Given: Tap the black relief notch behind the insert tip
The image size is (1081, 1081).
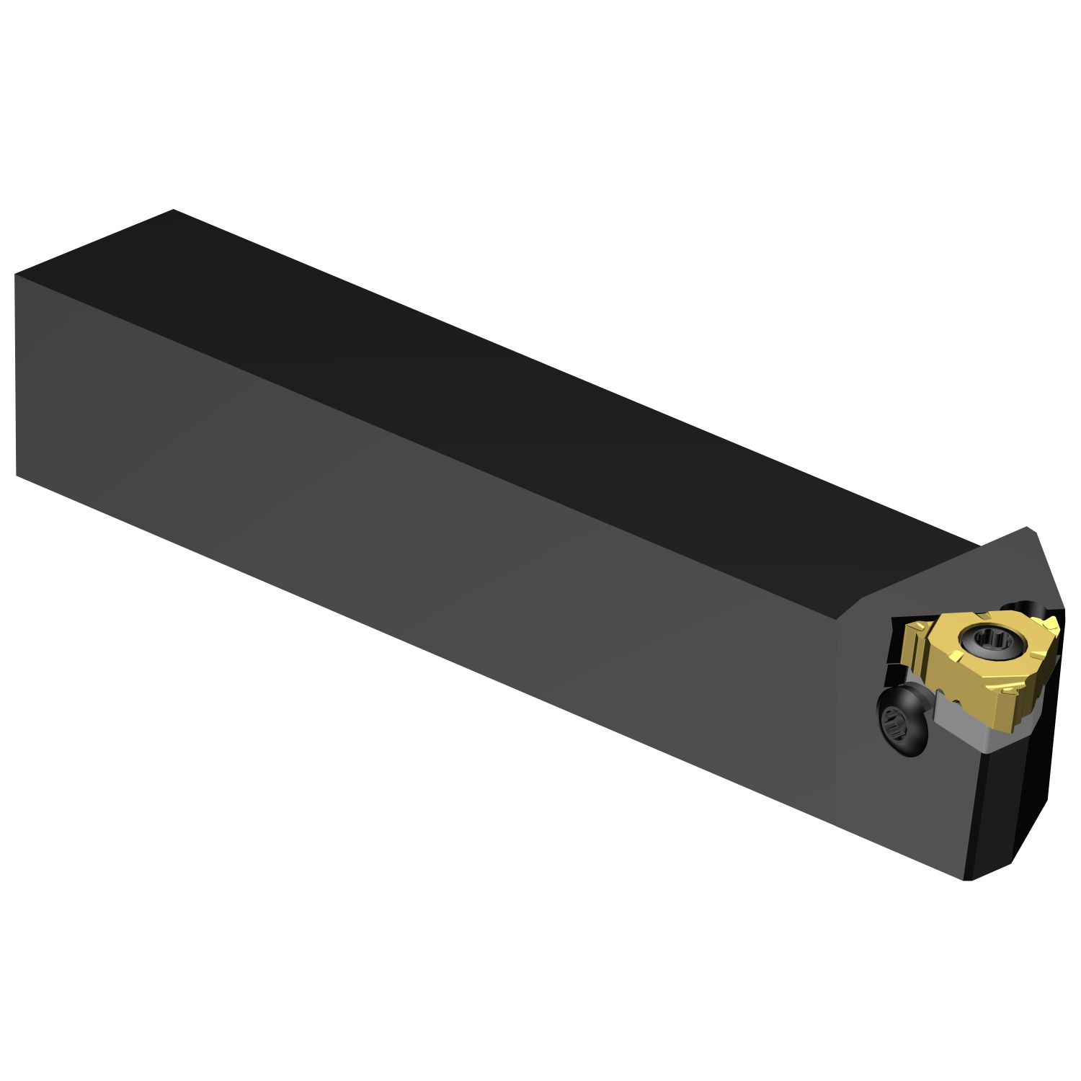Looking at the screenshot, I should coord(1023,607).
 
